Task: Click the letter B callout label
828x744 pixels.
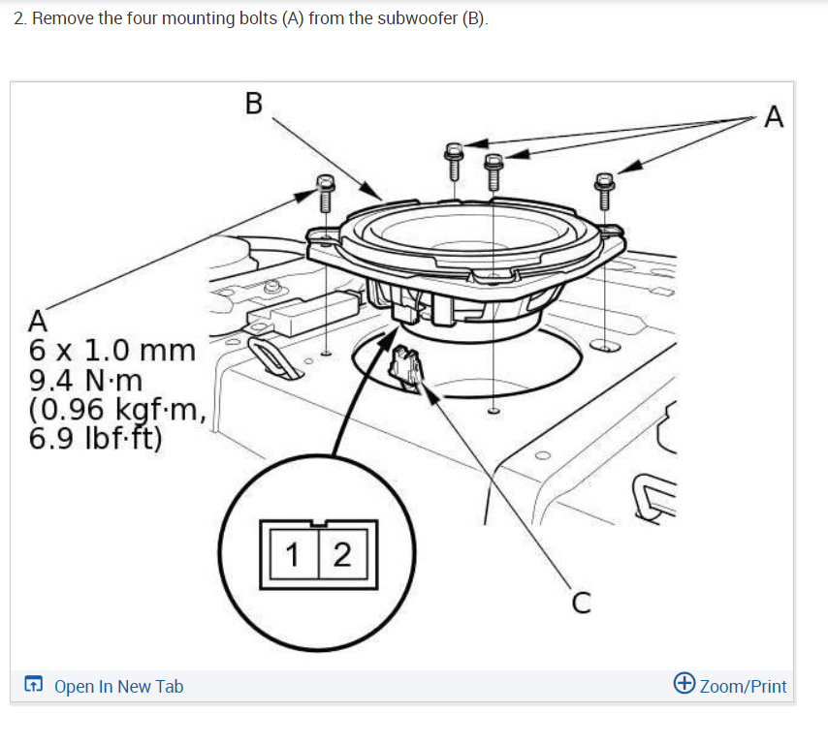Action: (254, 104)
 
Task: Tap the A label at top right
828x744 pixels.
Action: (773, 117)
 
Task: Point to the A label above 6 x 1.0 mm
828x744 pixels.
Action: (38, 320)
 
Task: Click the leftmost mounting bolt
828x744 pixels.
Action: (325, 194)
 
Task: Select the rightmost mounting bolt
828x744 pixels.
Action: (605, 191)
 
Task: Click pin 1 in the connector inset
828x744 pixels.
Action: (294, 555)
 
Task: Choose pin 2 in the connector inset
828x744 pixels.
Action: (341, 555)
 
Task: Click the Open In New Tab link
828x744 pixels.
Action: (118, 687)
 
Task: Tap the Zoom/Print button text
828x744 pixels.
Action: (743, 687)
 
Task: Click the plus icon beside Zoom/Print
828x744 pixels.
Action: (684, 684)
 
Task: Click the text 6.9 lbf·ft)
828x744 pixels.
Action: (96, 438)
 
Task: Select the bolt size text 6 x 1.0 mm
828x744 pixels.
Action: (112, 349)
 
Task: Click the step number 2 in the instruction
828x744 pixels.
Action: (19, 19)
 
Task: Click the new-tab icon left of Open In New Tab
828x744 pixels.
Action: (33, 686)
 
